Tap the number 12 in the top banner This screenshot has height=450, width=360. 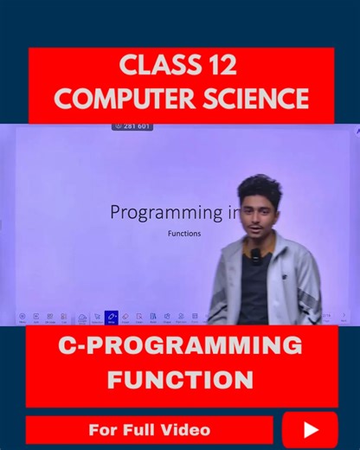click(222, 65)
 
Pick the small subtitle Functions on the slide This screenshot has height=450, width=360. click(183, 233)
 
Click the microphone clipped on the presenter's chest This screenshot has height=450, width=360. click(255, 256)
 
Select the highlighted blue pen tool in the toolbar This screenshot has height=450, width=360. click(111, 318)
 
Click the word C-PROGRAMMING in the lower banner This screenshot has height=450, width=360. click(180, 346)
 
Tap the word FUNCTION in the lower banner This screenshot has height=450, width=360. click(180, 379)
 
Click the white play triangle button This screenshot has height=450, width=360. click(311, 430)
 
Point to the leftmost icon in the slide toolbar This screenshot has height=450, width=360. click(22, 318)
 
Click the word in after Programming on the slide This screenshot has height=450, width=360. click(234, 212)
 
